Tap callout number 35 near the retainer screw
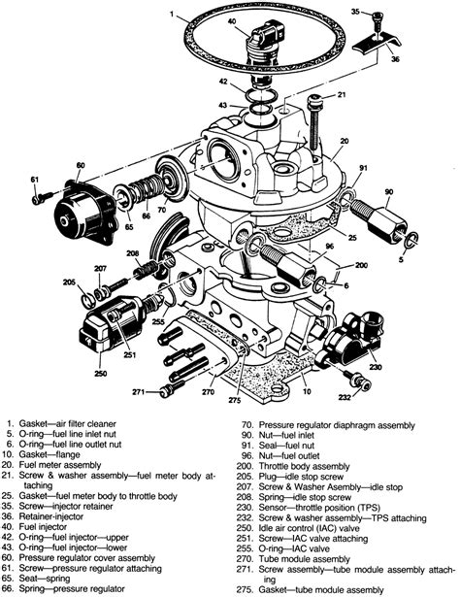355,12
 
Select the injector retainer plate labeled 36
377,44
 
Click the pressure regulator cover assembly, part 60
86,212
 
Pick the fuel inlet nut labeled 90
378,220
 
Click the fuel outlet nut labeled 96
288,266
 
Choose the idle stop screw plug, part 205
89,299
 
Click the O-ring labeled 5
411,239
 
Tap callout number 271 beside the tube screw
138,391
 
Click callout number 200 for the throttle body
361,265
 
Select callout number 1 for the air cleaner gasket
172,15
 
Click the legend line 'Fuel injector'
43,527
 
